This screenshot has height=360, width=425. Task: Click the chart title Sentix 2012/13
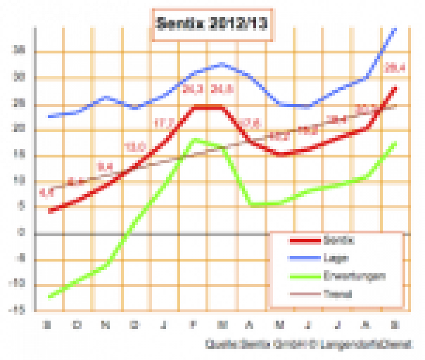212,25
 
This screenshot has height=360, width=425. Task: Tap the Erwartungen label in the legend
346,276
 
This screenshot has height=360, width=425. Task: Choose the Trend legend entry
330,294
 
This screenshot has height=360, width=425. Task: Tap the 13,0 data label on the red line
135,147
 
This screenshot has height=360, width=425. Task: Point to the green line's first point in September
50,296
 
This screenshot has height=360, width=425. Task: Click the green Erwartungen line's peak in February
194,139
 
